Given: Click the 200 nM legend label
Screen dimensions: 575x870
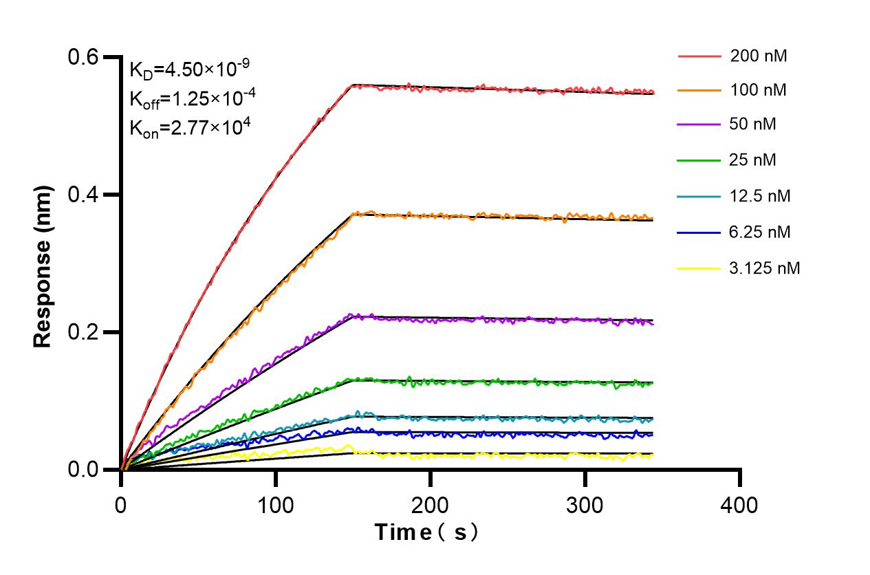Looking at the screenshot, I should point(759,56).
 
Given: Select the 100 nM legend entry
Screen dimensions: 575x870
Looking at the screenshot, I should point(759,90).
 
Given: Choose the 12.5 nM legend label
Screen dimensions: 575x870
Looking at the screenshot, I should point(760,196).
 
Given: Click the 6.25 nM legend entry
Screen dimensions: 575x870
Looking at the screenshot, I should point(760,232).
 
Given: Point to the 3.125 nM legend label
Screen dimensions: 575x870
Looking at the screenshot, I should point(765,268).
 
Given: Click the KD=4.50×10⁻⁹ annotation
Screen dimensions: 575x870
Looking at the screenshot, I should point(189,69).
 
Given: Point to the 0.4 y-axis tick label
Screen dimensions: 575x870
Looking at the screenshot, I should point(82,195).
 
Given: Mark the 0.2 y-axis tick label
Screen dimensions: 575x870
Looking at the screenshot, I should point(82,332).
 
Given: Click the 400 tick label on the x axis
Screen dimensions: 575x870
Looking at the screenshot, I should point(739,506).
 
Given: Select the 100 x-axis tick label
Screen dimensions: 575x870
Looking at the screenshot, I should point(275,506).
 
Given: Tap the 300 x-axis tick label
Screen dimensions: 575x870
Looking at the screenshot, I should point(585,506).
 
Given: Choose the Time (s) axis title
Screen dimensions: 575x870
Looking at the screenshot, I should point(426,532).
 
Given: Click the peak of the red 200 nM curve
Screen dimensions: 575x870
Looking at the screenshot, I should point(352,85).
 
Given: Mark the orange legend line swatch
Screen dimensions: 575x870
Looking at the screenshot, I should point(699,90).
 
